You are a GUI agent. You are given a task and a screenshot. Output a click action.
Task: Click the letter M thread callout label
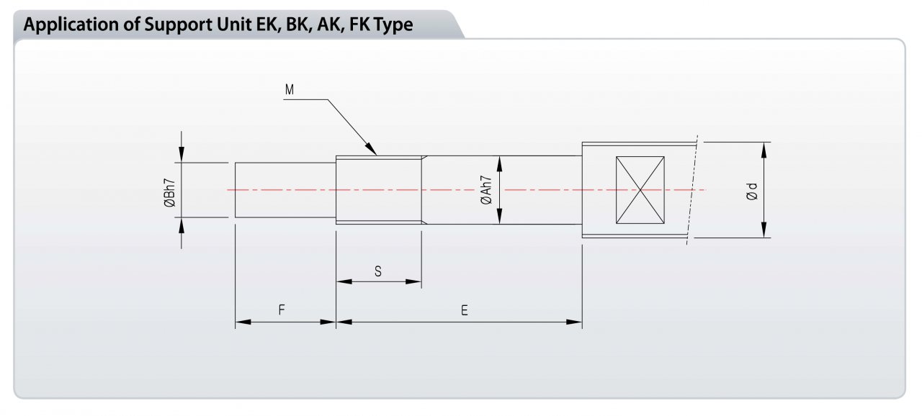(290, 90)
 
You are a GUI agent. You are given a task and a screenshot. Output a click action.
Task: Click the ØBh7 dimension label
(169, 193)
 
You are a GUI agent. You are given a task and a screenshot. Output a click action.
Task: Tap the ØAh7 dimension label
(486, 190)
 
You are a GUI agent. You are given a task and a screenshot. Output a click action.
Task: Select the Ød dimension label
(751, 191)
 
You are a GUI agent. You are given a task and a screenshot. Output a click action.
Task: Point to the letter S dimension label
(378, 271)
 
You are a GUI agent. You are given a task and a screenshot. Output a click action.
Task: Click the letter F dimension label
(282, 310)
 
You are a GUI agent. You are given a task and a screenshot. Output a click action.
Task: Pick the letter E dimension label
(465, 310)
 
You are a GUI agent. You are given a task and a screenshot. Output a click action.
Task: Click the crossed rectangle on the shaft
(640, 190)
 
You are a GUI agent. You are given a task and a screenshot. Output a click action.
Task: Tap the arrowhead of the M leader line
(371, 148)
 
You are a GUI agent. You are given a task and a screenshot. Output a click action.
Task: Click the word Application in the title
(71, 25)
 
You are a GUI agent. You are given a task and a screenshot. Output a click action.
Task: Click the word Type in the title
(393, 25)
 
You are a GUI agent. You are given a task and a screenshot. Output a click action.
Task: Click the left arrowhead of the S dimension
(344, 281)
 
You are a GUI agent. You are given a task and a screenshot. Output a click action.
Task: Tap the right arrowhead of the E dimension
(574, 322)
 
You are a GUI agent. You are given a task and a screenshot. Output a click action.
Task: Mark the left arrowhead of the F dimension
(243, 322)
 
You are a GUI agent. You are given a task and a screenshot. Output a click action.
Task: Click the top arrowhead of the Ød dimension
(764, 150)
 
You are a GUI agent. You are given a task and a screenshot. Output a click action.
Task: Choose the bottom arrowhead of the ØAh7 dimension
(499, 216)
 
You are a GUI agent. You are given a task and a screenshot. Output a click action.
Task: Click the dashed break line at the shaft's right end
(692, 190)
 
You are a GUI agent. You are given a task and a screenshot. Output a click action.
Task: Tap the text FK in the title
(359, 24)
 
